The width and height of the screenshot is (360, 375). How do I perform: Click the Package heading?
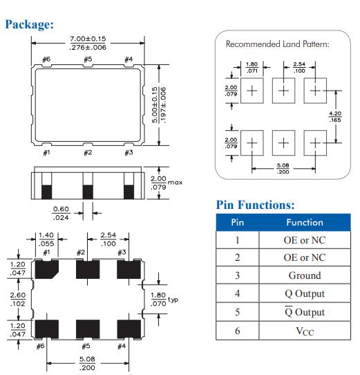[x=30, y=24]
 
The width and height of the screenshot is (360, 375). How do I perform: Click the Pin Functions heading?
[x=255, y=205]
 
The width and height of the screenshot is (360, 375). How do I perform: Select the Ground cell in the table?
[x=305, y=275]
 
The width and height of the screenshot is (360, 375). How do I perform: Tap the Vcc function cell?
[x=305, y=331]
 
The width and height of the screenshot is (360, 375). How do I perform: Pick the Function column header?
[x=305, y=222]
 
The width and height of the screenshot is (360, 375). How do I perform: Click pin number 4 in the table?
[x=237, y=293]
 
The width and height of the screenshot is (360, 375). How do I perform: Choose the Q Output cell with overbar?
[x=305, y=312]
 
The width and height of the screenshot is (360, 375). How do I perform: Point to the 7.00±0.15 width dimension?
[x=88, y=43]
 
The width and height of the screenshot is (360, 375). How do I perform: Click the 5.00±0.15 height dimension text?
[x=159, y=104]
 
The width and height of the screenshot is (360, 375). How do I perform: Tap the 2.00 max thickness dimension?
[x=167, y=183]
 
